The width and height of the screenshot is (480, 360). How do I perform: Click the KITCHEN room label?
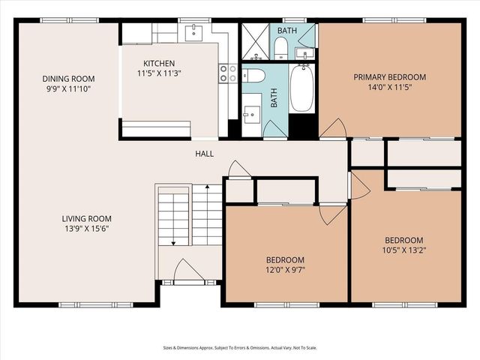click(159, 63)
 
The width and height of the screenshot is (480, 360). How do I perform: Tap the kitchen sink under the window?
click(194, 31)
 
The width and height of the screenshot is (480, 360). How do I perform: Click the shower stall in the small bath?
click(255, 41)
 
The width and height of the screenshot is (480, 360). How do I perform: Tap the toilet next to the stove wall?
click(253, 75)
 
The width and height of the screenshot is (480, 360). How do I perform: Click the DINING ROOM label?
click(68, 78)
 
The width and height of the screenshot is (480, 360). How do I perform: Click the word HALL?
click(205, 154)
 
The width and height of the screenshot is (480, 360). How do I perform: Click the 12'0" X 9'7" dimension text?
click(284, 270)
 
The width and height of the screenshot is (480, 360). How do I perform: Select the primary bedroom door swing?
click(332, 129)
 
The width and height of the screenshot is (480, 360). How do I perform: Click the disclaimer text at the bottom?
click(240, 347)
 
